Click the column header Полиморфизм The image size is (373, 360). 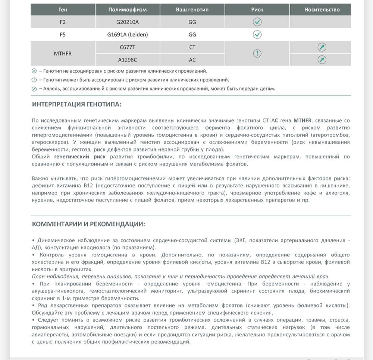127,10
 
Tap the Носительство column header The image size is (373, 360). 322,10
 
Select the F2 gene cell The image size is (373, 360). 63,22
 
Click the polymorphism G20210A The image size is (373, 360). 127,22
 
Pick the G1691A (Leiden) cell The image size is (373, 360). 127,35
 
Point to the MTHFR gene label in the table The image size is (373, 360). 63,53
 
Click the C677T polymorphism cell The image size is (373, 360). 127,47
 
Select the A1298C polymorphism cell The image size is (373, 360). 127,60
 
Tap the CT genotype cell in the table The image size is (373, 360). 192,47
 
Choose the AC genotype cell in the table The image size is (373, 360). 192,60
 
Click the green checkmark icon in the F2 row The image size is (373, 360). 257,22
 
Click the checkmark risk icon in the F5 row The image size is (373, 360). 257,35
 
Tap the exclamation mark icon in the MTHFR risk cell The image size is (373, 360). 257,53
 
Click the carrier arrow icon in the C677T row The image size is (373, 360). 322,47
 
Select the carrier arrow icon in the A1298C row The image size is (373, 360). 322,60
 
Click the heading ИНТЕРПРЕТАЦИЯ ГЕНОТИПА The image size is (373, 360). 76,104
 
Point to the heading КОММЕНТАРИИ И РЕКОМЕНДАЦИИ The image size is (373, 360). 88,224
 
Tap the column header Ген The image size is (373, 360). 63,10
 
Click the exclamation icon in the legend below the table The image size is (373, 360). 34,80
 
